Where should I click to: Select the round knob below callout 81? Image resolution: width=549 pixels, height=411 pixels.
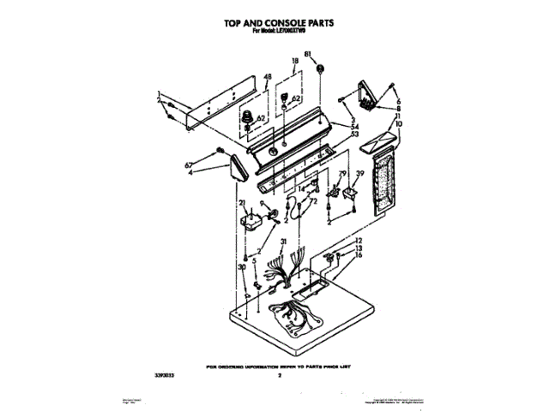pos(320,69)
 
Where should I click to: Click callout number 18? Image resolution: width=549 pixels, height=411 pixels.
pos(294,62)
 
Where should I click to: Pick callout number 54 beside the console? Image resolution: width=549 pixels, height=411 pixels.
pos(354,126)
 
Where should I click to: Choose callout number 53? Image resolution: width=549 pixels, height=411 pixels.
pos(354,134)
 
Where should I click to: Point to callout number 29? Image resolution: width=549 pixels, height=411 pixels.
pos(342,174)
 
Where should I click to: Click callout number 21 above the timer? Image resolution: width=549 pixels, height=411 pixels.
pos(243,203)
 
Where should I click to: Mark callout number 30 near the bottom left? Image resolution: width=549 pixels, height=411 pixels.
pos(242,267)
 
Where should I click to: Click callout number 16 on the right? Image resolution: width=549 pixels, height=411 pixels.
pos(359,255)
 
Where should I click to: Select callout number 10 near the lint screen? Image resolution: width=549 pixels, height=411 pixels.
pos(397,124)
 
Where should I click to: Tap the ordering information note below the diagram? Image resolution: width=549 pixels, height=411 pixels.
pos(281,366)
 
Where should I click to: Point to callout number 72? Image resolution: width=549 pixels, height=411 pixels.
pos(313,201)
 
